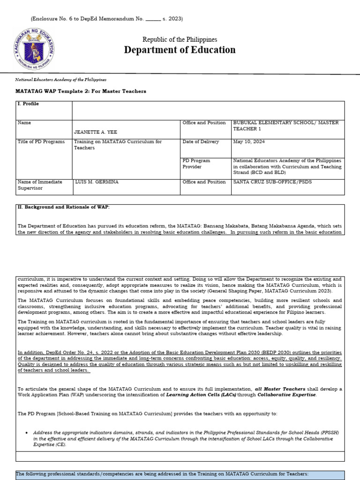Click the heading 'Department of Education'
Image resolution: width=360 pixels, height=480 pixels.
tap(180, 50)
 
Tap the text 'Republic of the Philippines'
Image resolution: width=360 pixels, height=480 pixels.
tap(180, 39)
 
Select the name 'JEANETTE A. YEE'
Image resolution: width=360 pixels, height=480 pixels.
tap(94, 132)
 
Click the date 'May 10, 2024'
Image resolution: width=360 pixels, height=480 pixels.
tap(248, 142)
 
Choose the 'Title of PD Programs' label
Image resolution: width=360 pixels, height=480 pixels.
tap(41, 142)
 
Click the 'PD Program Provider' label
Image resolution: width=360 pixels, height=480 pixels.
tap(196, 164)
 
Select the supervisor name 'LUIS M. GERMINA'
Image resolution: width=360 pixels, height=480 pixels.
tap(98, 182)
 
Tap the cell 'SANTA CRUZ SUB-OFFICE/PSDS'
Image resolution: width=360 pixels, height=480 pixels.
tap(272, 182)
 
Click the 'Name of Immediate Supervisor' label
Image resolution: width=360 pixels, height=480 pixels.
tap(40, 185)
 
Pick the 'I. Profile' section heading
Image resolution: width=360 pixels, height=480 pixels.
tap(28, 104)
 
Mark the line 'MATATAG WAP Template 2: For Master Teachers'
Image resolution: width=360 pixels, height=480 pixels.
tap(81, 91)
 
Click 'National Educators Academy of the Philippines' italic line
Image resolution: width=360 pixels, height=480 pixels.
tap(61, 80)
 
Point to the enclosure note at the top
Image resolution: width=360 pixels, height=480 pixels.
tap(106, 19)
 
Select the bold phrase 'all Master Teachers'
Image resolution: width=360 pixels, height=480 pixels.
tap(280, 389)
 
